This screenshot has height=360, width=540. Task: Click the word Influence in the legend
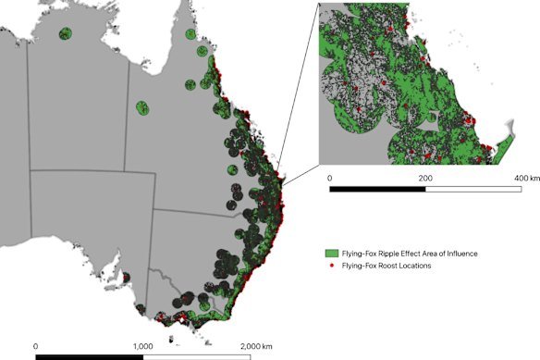tap(460, 253)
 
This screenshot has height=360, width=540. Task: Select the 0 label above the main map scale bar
tap(35, 345)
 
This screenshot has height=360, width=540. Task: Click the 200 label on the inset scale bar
tap(424, 178)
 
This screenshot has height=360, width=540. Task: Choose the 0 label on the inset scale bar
tap(330, 178)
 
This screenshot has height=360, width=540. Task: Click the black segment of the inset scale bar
tap(377, 190)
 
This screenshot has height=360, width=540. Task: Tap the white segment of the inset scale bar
tap(472, 190)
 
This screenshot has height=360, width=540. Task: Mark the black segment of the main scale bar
tap(89, 355)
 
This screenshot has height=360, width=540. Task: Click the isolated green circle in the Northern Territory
tap(65, 35)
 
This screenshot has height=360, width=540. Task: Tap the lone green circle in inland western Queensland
tap(142, 109)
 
